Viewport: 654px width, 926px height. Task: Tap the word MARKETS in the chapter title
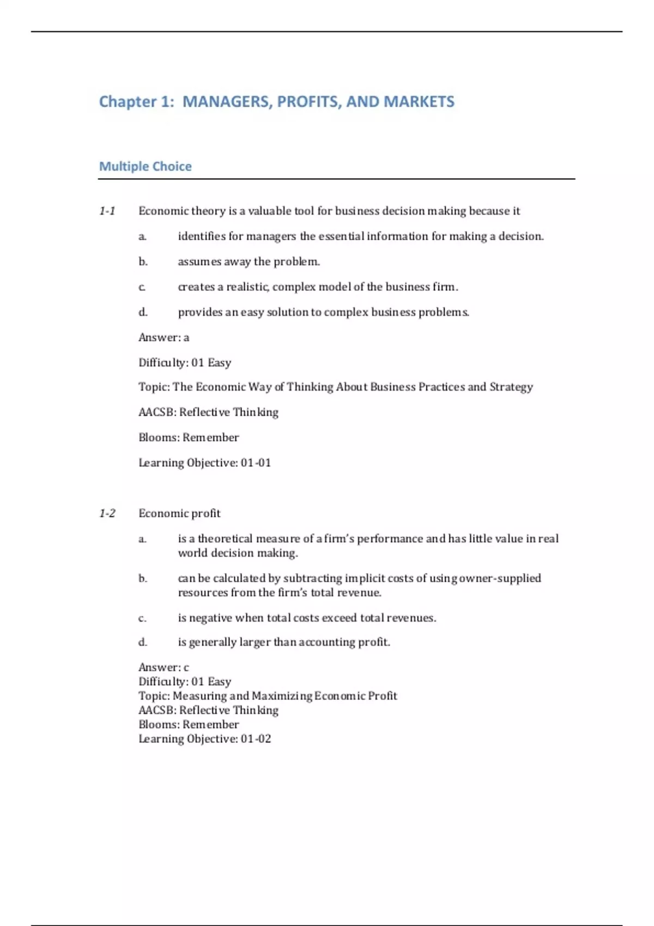point(419,102)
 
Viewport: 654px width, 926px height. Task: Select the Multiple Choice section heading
point(145,166)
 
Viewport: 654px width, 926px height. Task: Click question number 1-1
point(107,211)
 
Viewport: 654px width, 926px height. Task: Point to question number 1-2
point(107,513)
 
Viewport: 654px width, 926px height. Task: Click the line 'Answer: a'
point(163,337)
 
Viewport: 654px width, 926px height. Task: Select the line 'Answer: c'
point(163,667)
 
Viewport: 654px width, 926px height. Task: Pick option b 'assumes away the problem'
point(249,261)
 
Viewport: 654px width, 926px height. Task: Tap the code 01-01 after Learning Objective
point(256,462)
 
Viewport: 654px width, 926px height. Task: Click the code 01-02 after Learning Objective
point(256,739)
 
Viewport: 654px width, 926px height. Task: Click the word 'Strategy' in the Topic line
point(511,387)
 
